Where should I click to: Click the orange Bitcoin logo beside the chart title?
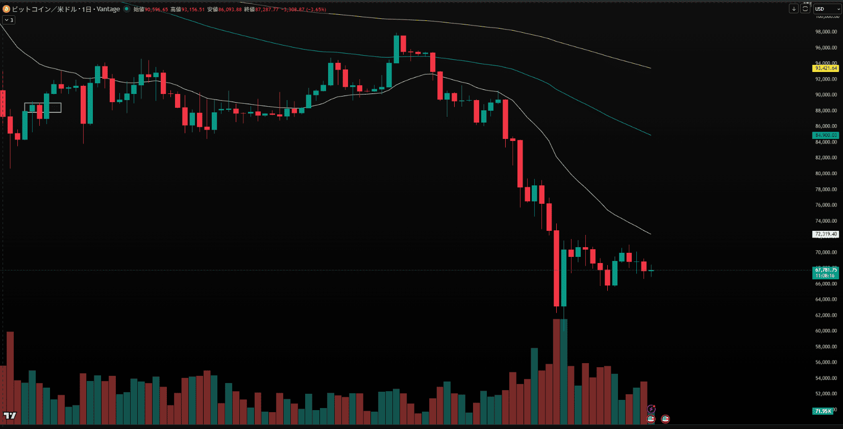tap(6, 9)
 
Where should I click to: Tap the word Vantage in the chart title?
tap(108, 9)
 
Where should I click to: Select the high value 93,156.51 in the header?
tap(193, 10)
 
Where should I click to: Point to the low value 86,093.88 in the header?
tap(230, 10)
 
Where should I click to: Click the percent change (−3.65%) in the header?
tap(316, 10)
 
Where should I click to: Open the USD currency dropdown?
tap(827, 9)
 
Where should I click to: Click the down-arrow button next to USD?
tap(794, 9)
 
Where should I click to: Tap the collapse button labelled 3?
tap(9, 20)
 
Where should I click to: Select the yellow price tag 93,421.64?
tap(826, 68)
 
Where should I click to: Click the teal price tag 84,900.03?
tap(826, 135)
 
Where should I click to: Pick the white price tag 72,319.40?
tap(826, 234)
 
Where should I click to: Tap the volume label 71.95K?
tap(823, 411)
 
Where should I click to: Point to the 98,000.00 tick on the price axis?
tap(826, 32)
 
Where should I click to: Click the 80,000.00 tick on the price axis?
tap(826, 174)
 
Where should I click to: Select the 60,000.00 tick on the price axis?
tap(826, 331)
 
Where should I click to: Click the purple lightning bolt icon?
tap(651, 409)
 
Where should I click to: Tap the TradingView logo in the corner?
tap(10, 416)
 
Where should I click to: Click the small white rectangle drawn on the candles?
tap(43, 108)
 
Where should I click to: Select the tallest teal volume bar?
tap(564, 372)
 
